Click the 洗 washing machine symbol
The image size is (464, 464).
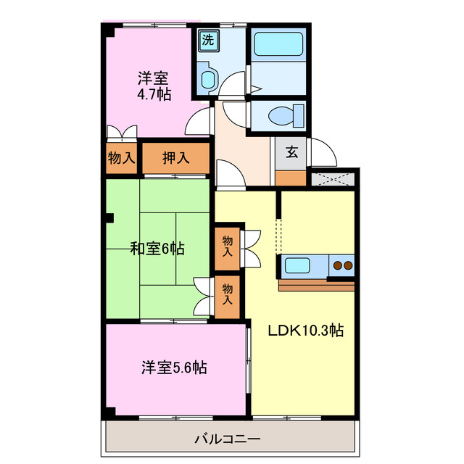pyautogui.click(x=208, y=41)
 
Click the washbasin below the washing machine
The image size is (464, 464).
pyautogui.click(x=207, y=79)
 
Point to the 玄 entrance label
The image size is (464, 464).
pyautogui.click(x=291, y=152)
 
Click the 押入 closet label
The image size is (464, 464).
pyautogui.click(x=175, y=157)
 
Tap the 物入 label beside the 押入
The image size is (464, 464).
pyautogui.click(x=121, y=157)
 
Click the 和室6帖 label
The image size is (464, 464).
pyautogui.click(x=157, y=249)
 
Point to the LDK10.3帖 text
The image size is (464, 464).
pyautogui.click(x=305, y=331)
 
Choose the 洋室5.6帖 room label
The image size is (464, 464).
pyautogui.click(x=174, y=368)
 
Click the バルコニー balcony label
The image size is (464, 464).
pyautogui.click(x=227, y=439)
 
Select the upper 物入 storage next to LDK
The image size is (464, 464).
pyautogui.click(x=228, y=246)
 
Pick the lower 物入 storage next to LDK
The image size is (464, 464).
pyautogui.click(x=227, y=294)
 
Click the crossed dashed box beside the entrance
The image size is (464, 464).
pyautogui.click(x=333, y=178)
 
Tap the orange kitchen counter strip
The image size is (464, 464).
pyautogui.click(x=316, y=284)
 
